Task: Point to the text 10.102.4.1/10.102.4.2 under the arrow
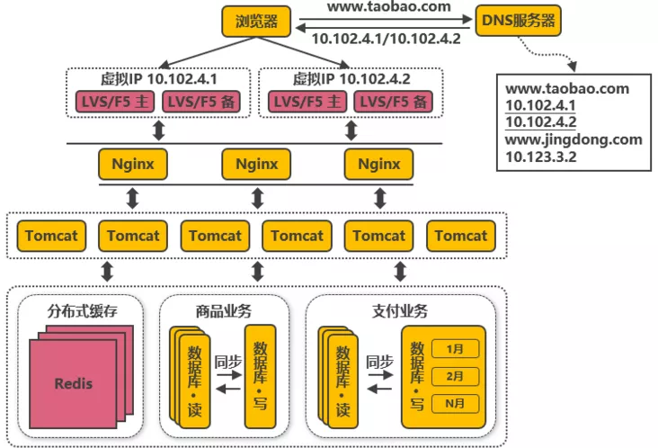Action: [385, 39]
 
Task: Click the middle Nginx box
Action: [256, 165]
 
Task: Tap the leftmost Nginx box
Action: [133, 165]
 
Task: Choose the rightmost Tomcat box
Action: [460, 236]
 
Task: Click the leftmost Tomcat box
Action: [51, 236]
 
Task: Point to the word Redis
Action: [73, 383]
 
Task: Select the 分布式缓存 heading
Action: [82, 311]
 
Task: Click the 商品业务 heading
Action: [223, 311]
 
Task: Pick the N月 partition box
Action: [456, 404]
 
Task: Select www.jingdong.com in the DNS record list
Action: [574, 139]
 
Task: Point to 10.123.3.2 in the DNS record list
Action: [540, 156]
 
